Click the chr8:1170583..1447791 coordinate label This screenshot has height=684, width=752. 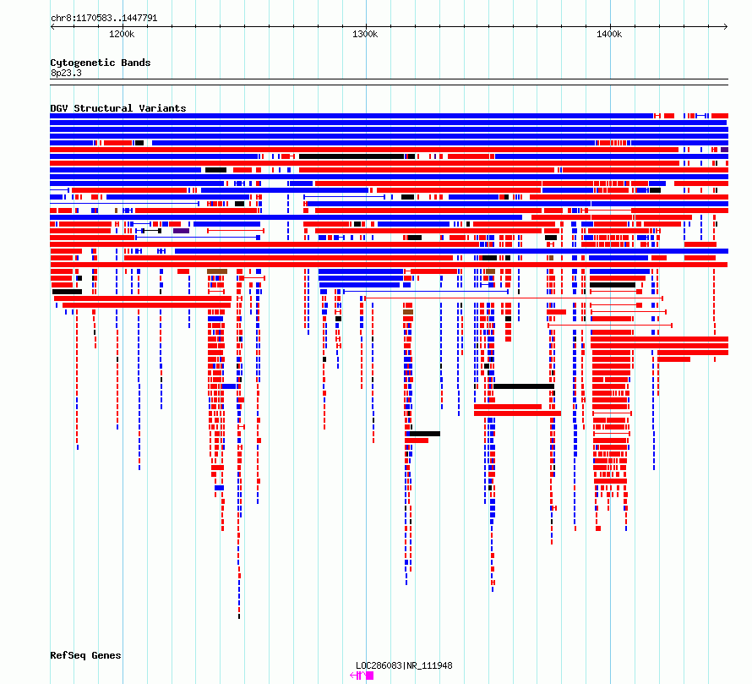(x=104, y=18)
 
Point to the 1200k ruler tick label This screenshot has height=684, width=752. (x=122, y=34)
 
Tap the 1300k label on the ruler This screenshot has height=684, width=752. (x=365, y=34)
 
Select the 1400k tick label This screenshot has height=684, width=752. (x=609, y=34)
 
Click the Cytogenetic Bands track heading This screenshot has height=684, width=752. (x=101, y=63)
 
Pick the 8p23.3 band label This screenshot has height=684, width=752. (x=66, y=73)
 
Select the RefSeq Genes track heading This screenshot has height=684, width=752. (x=85, y=655)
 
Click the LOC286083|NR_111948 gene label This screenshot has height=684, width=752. (x=404, y=665)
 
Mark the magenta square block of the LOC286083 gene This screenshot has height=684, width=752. (x=370, y=676)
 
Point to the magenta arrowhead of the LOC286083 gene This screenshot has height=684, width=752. (x=352, y=676)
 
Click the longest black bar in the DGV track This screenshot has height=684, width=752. (x=351, y=156)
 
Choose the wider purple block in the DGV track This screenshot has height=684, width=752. (x=182, y=231)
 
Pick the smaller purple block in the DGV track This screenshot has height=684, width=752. (x=724, y=150)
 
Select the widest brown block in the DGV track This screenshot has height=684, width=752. (x=217, y=271)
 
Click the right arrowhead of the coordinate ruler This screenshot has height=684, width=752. (x=726, y=26)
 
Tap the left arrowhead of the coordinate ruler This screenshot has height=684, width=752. (x=52, y=26)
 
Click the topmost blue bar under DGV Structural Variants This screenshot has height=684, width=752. (x=351, y=116)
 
